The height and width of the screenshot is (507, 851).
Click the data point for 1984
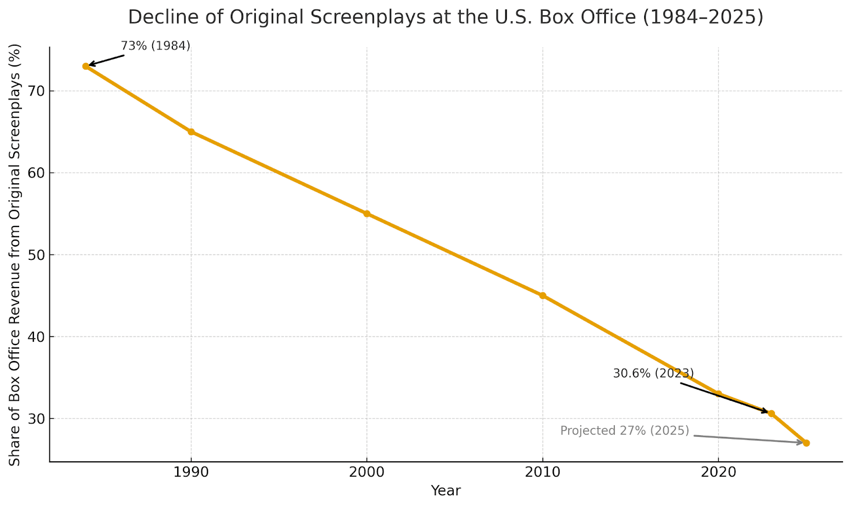pyautogui.click(x=86, y=66)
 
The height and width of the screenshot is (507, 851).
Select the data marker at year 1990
pyautogui.click(x=191, y=132)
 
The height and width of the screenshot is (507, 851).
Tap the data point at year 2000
pyautogui.click(x=366, y=214)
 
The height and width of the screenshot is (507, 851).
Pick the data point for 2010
pyautogui.click(x=543, y=295)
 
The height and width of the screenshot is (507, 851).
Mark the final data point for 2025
pyautogui.click(x=806, y=443)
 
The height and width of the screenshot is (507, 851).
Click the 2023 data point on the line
pyautogui.click(x=771, y=413)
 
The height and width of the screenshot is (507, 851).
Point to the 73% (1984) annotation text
pyautogui.click(x=155, y=46)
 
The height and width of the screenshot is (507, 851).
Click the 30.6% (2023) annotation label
pyautogui.click(x=653, y=374)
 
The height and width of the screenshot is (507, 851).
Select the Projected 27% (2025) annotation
pyautogui.click(x=624, y=430)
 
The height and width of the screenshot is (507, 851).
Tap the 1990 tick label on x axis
pyautogui.click(x=191, y=472)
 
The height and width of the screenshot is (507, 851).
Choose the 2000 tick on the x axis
pyautogui.click(x=366, y=472)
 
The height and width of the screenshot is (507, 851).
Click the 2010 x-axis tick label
pyautogui.click(x=543, y=472)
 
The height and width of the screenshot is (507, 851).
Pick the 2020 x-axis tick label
pyautogui.click(x=718, y=472)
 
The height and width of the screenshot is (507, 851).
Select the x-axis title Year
pyautogui.click(x=446, y=491)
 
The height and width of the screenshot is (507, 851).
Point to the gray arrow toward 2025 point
pyautogui.click(x=747, y=439)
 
